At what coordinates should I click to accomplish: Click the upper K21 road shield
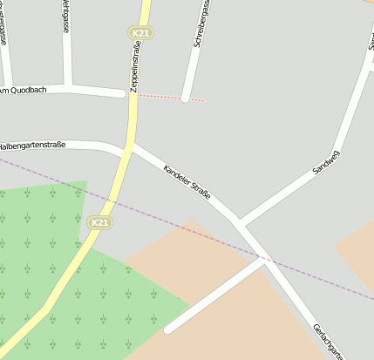tap(139, 33)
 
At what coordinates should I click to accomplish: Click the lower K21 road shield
tap(100, 223)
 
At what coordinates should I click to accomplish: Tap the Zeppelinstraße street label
tap(136, 70)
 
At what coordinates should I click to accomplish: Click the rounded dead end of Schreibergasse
tap(185, 98)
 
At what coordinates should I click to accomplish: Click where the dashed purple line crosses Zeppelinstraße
tap(114, 202)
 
